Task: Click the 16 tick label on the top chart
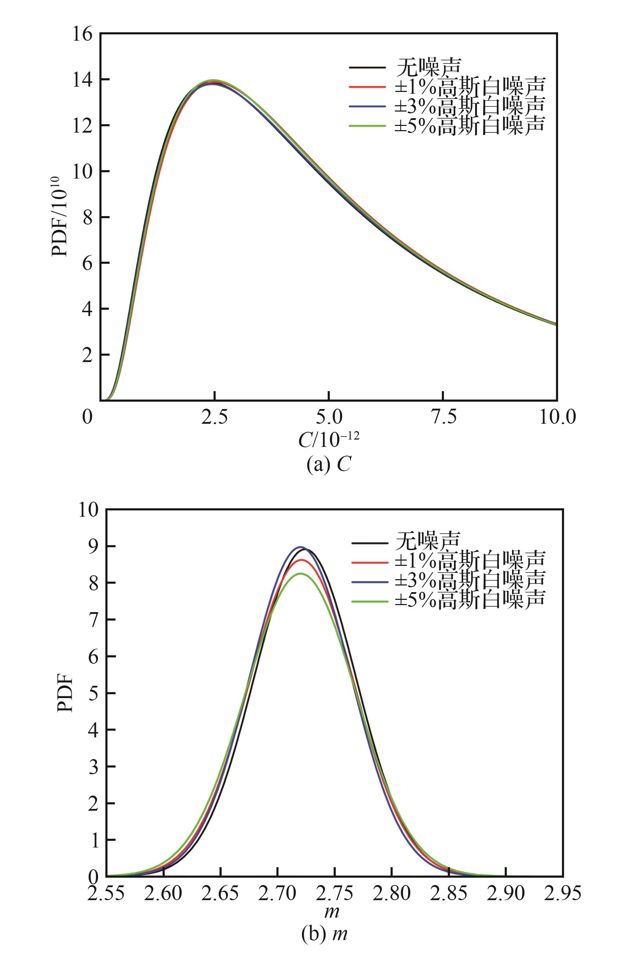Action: tap(83, 34)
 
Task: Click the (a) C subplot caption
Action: tap(329, 465)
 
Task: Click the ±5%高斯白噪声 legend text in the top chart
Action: tap(470, 125)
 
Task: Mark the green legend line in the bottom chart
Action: tap(369, 601)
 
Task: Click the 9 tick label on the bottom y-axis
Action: tap(93, 546)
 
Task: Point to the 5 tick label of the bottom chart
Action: tap(93, 693)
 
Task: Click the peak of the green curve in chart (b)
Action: tap(301, 573)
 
